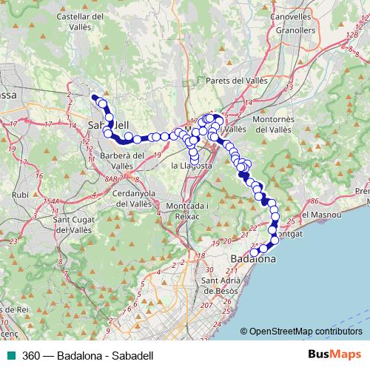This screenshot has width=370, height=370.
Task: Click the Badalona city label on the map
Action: (x=253, y=260)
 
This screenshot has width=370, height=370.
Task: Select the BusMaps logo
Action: (x=334, y=354)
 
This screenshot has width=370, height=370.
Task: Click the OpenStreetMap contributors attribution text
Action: (x=311, y=332)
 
